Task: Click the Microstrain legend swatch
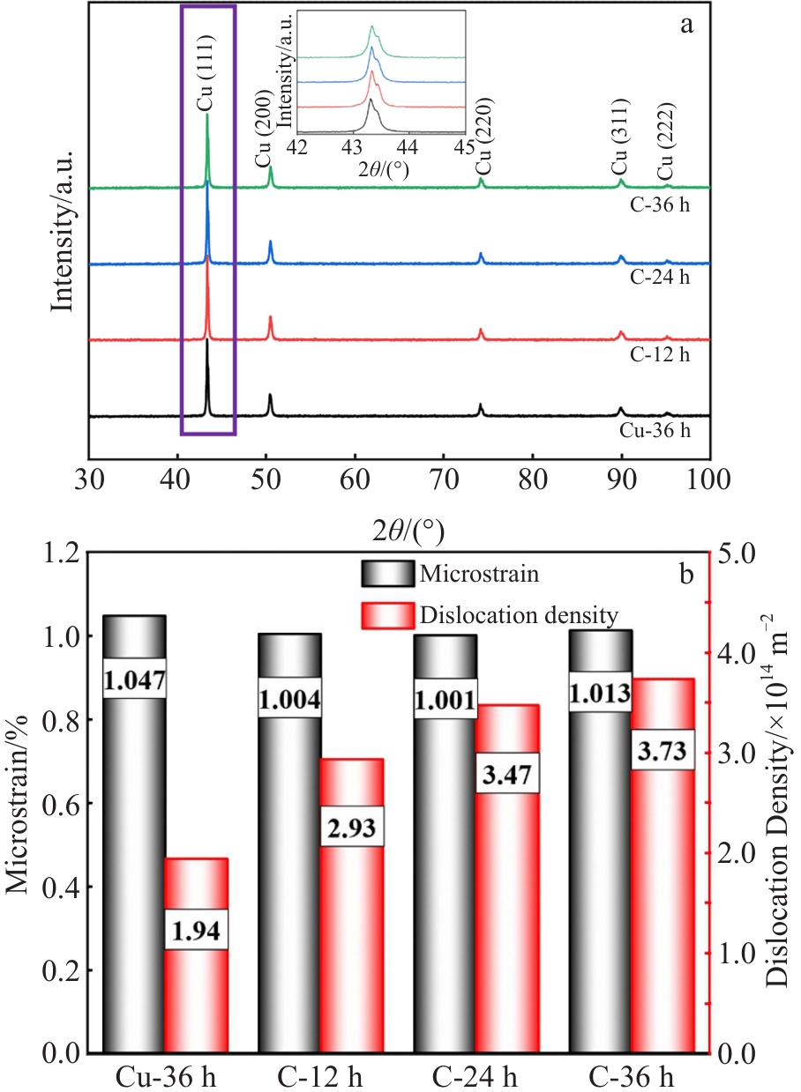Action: click(386, 575)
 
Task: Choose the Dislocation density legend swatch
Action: click(386, 615)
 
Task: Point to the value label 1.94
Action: click(197, 930)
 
